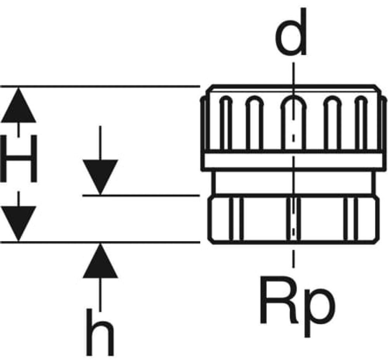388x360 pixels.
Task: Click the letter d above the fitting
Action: pos(291,32)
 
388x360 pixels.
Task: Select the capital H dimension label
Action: pos(19,159)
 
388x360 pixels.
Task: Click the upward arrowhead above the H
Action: pos(19,105)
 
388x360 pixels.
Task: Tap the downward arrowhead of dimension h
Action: pos(100,177)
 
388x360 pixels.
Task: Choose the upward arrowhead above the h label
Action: pos(100,261)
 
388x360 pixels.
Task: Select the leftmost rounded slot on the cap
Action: pos(226,99)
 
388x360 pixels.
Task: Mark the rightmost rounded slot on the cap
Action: pos(361,99)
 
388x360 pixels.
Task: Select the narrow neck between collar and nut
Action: pos(293,183)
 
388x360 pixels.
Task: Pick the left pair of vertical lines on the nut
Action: pos(236,219)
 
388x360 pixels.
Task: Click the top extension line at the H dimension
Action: pos(100,87)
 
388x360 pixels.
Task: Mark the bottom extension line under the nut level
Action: pos(100,242)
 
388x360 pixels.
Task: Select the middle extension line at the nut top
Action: pos(141,196)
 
